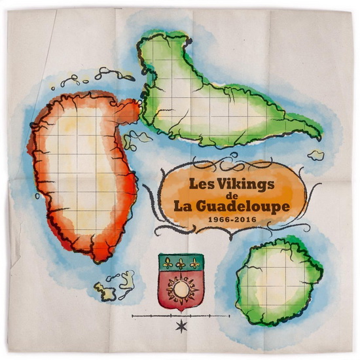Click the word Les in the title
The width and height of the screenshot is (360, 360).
(202, 184)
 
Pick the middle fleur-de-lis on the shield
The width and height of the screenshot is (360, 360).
(181, 264)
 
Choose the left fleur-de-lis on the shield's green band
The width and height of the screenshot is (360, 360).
(168, 264)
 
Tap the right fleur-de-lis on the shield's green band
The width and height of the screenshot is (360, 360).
(194, 264)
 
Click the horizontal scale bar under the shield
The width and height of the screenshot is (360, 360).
(181, 316)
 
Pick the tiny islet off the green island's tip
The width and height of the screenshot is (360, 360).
(317, 156)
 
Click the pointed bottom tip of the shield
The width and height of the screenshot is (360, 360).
(180, 310)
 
